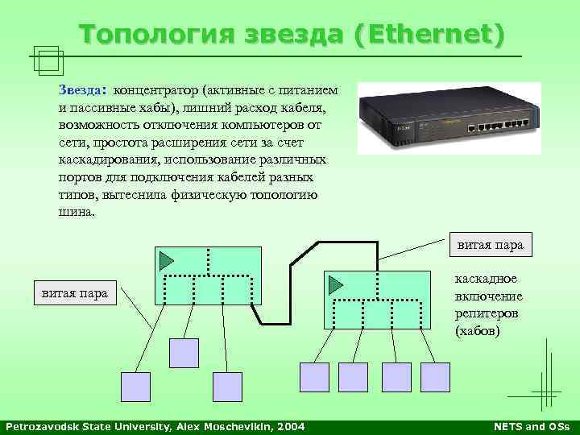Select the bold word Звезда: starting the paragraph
(83, 89)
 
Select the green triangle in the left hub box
(166, 260)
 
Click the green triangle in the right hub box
(334, 284)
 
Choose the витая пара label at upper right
(490, 244)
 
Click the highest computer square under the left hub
(184, 352)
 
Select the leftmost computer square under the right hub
(314, 376)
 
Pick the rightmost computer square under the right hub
(435, 376)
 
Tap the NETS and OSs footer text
(530, 425)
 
